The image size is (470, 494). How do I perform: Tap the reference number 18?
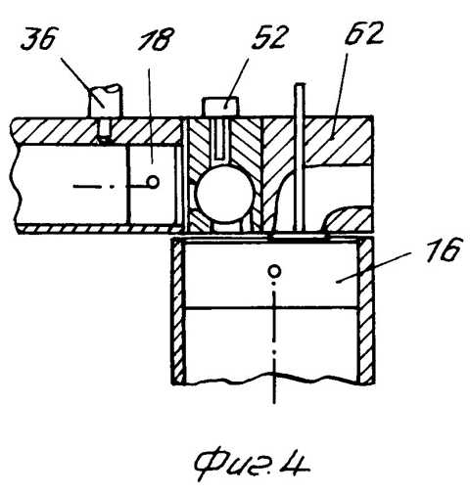point(157,39)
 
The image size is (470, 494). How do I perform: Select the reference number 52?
point(269,37)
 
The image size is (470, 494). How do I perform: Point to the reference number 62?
point(364,33)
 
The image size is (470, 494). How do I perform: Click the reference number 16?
point(445,249)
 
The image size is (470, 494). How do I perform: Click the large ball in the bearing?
point(225,194)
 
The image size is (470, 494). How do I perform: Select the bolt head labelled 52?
point(221,107)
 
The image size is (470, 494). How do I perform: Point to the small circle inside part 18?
point(153,181)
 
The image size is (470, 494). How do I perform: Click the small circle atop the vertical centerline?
point(274,271)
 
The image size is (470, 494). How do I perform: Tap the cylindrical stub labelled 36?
point(105,101)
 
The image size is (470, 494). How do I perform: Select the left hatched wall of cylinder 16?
point(178,310)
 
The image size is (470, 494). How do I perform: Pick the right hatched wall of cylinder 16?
point(366,310)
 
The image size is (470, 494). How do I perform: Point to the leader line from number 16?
point(373,267)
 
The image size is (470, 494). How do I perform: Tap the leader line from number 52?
point(237,83)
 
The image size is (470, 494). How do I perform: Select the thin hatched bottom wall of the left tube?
point(99,229)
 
